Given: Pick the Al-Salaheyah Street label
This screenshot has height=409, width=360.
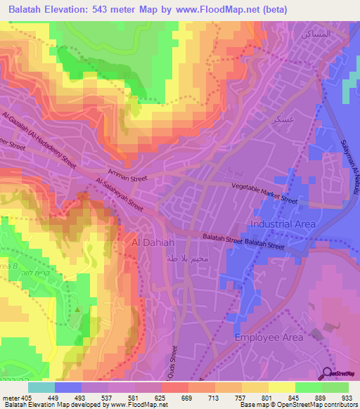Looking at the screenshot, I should (x=119, y=195).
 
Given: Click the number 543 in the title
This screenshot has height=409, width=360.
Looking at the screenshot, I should (x=97, y=8).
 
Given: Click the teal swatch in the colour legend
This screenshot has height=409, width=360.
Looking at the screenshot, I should (x=41, y=387).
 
